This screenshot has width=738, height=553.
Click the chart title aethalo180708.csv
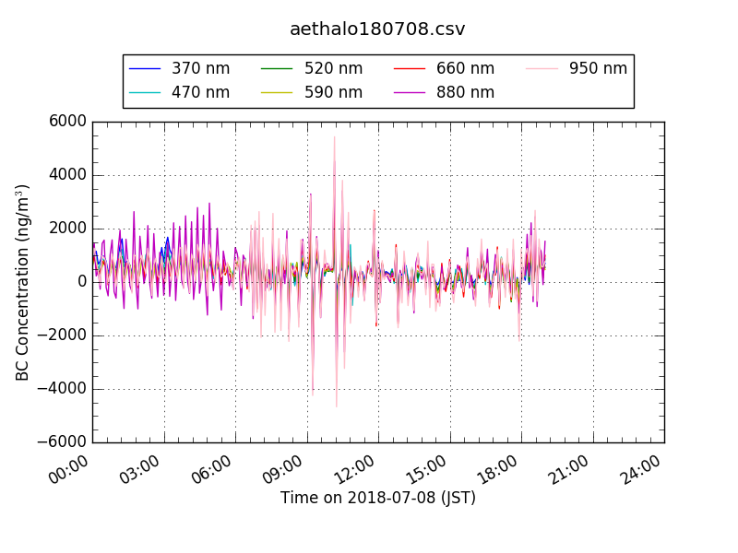(377, 29)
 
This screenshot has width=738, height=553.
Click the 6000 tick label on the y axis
(68, 122)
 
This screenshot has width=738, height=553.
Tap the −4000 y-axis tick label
(62, 389)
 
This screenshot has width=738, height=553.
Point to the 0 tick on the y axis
(81, 282)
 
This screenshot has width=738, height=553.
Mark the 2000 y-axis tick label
(68, 229)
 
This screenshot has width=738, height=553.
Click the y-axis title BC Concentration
(22, 282)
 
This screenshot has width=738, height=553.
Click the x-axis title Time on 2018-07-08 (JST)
(378, 499)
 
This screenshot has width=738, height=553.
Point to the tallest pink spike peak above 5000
(334, 137)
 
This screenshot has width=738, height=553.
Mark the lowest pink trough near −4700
(336, 406)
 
